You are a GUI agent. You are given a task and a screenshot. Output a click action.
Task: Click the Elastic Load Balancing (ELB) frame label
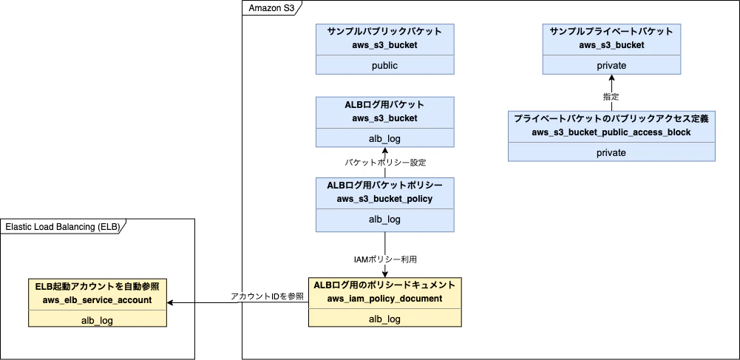pyautogui.click(x=61, y=226)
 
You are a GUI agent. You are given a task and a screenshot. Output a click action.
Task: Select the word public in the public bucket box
pyautogui.click(x=384, y=65)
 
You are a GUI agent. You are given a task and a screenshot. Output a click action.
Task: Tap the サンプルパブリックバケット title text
pyautogui.click(x=384, y=32)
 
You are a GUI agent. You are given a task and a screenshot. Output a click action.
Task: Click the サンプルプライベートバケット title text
pyautogui.click(x=611, y=32)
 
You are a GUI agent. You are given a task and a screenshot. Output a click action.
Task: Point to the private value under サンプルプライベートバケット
pyautogui.click(x=611, y=65)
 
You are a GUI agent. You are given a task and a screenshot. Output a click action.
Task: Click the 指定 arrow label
pyautogui.click(x=611, y=96)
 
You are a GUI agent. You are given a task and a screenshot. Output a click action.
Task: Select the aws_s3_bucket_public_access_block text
pyautogui.click(x=611, y=132)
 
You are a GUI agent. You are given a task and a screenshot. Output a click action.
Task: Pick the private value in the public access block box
pyautogui.click(x=611, y=152)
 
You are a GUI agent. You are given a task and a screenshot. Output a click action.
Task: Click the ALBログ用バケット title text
pyautogui.click(x=384, y=104)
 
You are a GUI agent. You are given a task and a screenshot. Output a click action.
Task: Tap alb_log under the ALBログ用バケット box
pyautogui.click(x=384, y=138)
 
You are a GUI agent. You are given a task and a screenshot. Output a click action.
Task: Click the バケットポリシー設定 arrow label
pyautogui.click(x=384, y=161)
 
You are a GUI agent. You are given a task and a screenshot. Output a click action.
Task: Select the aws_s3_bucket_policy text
pyautogui.click(x=384, y=198)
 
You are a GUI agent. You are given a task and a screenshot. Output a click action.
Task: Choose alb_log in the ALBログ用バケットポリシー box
pyautogui.click(x=384, y=219)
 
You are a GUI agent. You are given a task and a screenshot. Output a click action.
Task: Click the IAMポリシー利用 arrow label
pyautogui.click(x=384, y=259)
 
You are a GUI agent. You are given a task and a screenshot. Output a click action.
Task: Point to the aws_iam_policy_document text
pyautogui.click(x=384, y=299)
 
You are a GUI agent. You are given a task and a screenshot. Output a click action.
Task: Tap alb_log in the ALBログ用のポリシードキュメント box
pyautogui.click(x=384, y=319)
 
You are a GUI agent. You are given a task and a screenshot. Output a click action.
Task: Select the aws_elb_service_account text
pyautogui.click(x=97, y=299)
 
